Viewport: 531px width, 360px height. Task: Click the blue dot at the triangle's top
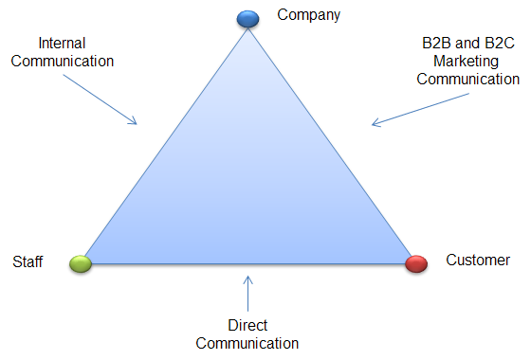pyautogui.click(x=247, y=18)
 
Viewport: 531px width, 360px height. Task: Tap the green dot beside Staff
pyautogui.click(x=81, y=263)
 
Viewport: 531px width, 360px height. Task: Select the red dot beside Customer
pyautogui.click(x=415, y=263)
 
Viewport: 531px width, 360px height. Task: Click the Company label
pyautogui.click(x=308, y=15)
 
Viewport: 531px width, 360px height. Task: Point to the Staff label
pyautogui.click(x=27, y=262)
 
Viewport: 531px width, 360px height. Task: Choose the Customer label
pyautogui.click(x=477, y=261)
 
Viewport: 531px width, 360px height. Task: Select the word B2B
pyautogui.click(x=437, y=45)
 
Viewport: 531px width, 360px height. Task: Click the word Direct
pyautogui.click(x=248, y=325)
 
